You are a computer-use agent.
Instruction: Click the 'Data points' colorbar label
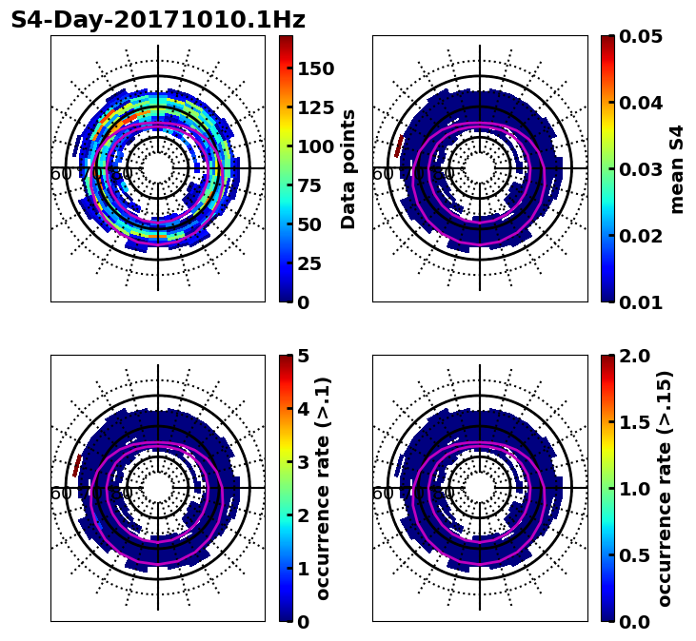click(x=348, y=169)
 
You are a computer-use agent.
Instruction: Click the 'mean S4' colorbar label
click(x=677, y=169)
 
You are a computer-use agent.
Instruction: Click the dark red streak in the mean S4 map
click(x=399, y=146)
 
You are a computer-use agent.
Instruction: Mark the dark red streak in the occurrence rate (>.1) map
click(x=77, y=465)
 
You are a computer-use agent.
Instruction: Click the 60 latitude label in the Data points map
click(x=60, y=174)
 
